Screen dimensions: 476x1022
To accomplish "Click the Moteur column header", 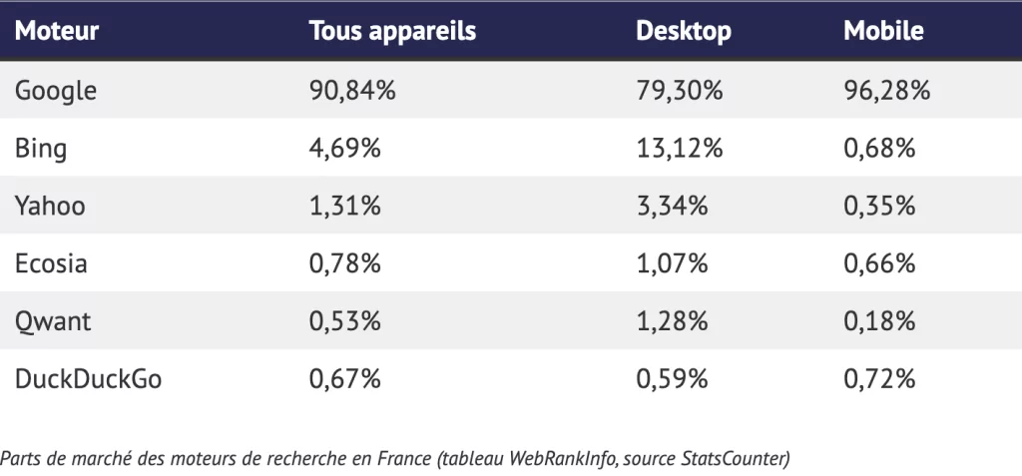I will (57, 31).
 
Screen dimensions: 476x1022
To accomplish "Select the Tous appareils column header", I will (392, 31).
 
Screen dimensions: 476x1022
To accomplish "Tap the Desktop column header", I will (684, 31).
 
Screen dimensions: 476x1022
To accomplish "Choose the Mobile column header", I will (883, 31).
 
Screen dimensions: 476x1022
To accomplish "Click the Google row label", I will (56, 91).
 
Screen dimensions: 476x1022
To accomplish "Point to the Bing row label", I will (41, 149).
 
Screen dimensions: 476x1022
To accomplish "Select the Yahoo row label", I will (50, 207).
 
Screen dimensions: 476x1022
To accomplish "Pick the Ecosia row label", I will (51, 263).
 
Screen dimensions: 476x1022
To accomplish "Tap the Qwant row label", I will (52, 321).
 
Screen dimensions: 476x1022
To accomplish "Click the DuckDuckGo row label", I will (88, 379).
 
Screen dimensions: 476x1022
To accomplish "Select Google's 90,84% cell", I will (352, 91).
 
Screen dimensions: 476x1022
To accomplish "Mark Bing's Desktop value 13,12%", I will (679, 149).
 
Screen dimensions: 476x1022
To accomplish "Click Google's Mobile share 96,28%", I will (886, 91).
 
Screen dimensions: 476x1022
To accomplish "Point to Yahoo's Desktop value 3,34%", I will (672, 207).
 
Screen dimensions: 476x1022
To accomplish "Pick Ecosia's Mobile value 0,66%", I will (879, 263).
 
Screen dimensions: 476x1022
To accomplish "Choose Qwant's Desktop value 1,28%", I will (672, 321).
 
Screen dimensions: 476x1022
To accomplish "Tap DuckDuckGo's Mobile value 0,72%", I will (879, 379).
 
